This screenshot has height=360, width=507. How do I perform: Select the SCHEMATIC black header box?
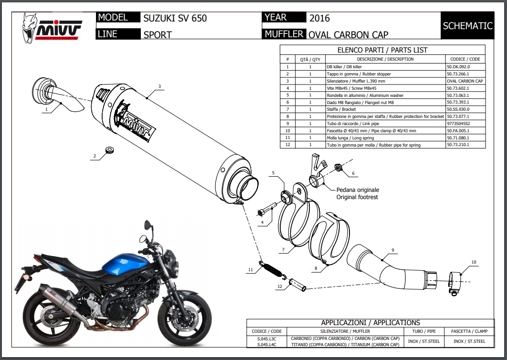[467, 26]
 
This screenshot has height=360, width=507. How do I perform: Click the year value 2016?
[319, 19]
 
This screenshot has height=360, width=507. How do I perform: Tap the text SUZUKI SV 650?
[175, 19]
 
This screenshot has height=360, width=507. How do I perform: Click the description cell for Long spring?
[385, 138]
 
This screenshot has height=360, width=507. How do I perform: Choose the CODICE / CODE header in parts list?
[465, 59]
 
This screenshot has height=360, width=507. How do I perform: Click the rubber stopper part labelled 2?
[109, 150]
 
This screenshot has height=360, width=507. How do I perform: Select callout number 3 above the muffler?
[159, 86]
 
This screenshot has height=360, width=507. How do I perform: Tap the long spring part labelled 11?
[273, 268]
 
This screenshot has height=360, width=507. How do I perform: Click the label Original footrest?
[358, 197]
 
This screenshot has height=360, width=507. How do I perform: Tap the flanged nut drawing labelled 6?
[338, 167]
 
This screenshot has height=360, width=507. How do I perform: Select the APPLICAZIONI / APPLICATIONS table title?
[370, 323]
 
